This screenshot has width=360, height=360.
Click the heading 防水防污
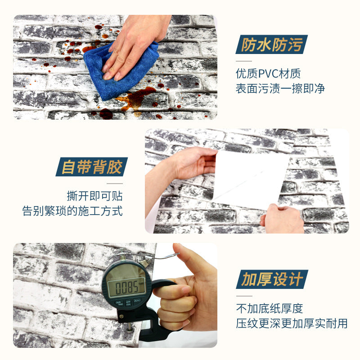click(x=272, y=45)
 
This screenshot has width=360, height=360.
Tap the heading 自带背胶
click(x=92, y=167)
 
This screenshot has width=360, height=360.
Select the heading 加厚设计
click(x=272, y=279)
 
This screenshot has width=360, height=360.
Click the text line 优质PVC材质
click(x=268, y=73)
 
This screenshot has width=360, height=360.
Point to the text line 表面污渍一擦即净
click(x=280, y=88)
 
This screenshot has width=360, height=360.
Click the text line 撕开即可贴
click(x=95, y=196)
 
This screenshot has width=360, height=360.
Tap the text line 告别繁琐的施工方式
click(x=72, y=211)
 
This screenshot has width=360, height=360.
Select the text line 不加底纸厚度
click(x=270, y=308)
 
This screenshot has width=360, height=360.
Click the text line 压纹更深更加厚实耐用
click(x=292, y=323)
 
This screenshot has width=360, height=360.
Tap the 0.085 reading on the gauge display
click(x=126, y=287)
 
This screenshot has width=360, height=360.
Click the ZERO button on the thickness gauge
click(x=137, y=301)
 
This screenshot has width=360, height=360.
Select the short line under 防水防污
click(x=244, y=61)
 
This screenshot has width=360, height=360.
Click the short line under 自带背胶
click(x=115, y=184)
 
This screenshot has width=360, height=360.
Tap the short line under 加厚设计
click(x=244, y=296)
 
